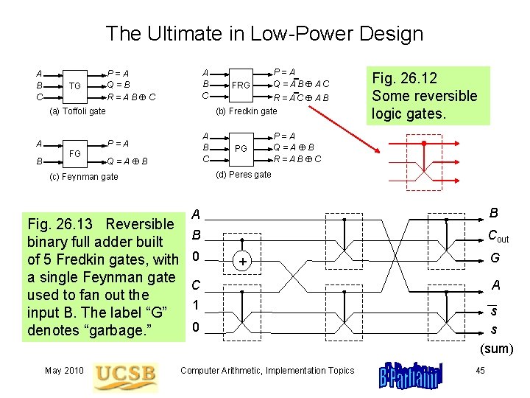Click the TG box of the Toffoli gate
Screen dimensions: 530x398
75,87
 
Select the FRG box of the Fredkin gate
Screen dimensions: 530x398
241,85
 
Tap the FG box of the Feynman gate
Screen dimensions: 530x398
75,154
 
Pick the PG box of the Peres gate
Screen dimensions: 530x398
241,149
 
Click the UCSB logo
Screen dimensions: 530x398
125,377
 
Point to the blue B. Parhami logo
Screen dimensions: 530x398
410,376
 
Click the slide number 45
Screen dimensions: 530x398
480,371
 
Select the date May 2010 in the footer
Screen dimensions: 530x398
64,371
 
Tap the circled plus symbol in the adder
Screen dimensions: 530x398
242,261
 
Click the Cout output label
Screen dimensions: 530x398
498,236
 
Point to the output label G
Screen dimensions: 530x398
495,258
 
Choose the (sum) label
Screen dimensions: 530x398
497,349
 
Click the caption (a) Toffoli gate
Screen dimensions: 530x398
77,111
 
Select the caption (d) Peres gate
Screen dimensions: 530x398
244,175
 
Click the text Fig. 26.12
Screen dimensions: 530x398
405,78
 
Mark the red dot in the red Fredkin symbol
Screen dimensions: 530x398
424,144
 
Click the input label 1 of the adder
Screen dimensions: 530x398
196,305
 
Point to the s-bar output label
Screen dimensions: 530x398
493,310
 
